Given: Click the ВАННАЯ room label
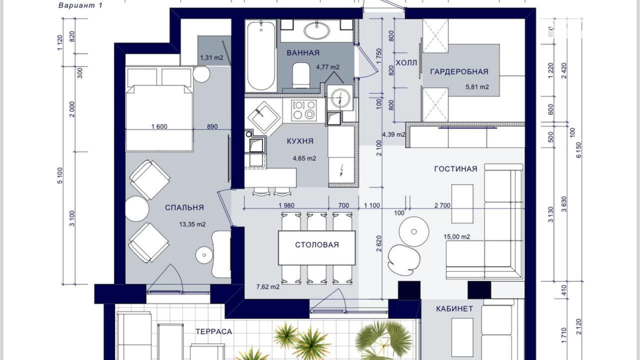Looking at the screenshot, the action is (303, 53).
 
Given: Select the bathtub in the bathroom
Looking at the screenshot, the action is (261, 56).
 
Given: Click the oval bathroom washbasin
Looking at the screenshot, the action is (317, 30).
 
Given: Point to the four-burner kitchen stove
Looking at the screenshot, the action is (304, 110).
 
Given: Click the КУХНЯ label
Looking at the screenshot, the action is (300, 141).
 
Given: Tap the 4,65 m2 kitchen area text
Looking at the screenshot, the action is (304, 159).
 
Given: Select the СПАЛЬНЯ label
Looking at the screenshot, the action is (184, 208).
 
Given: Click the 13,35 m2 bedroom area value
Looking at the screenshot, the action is (192, 224).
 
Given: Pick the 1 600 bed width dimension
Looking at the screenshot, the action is (159, 127).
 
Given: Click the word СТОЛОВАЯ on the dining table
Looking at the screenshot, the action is (317, 245).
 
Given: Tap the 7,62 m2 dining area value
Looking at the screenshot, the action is (268, 287).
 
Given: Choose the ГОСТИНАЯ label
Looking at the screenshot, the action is (456, 169).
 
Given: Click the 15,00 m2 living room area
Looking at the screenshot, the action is (457, 237).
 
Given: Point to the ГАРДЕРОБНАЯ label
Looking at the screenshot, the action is (459, 72).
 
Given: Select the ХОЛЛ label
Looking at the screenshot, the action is (406, 63).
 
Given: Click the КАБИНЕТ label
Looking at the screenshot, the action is (454, 309).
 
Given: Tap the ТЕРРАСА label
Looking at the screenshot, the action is (214, 332).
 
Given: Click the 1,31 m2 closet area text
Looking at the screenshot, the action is (211, 58).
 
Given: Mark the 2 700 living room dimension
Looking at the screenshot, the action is (442, 206).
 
